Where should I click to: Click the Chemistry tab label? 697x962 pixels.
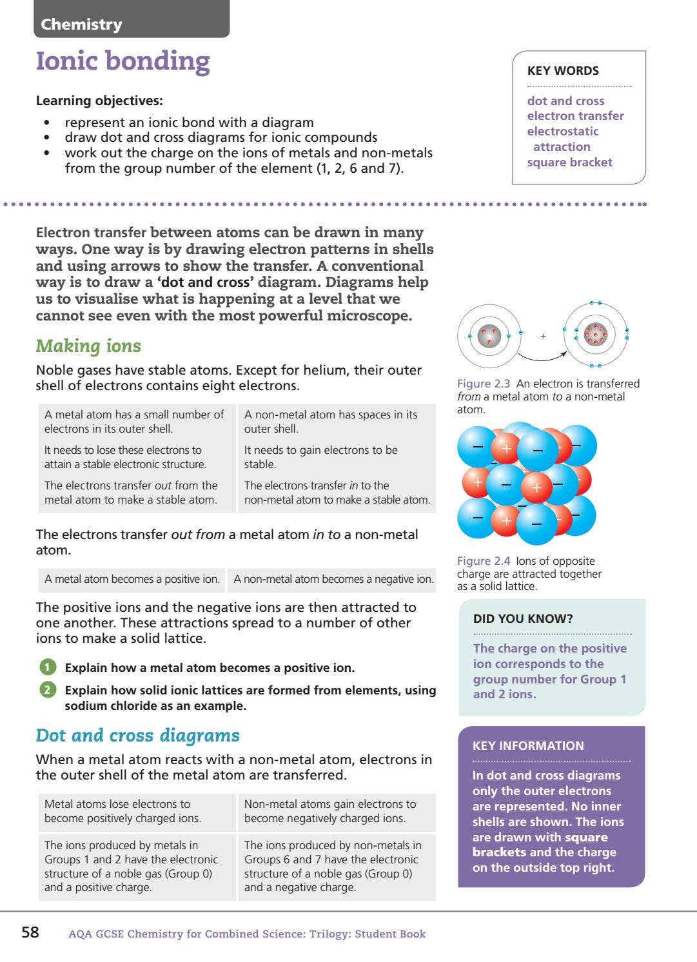tap(81, 25)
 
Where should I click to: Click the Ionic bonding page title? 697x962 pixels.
tap(123, 61)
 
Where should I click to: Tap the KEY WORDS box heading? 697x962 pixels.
tap(563, 71)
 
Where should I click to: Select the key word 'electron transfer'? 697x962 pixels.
tap(575, 116)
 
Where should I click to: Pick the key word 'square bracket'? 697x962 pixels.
tap(569, 162)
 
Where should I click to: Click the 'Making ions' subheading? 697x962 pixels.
tap(88, 346)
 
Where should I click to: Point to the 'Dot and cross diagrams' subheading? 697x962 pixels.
tap(137, 736)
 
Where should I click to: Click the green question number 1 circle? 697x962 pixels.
tap(48, 667)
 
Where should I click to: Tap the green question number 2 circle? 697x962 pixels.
tap(48, 690)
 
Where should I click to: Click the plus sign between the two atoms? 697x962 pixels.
tap(543, 336)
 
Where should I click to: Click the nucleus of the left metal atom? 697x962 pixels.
tap(489, 335)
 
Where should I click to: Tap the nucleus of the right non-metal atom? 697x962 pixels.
tap(595, 334)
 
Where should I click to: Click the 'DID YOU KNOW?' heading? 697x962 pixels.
tap(523, 619)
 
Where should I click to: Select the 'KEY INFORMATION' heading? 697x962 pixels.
tap(528, 746)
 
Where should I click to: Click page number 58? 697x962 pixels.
tap(30, 932)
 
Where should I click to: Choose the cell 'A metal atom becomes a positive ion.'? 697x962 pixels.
tap(132, 579)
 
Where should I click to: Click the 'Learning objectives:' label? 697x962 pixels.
tap(99, 101)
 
